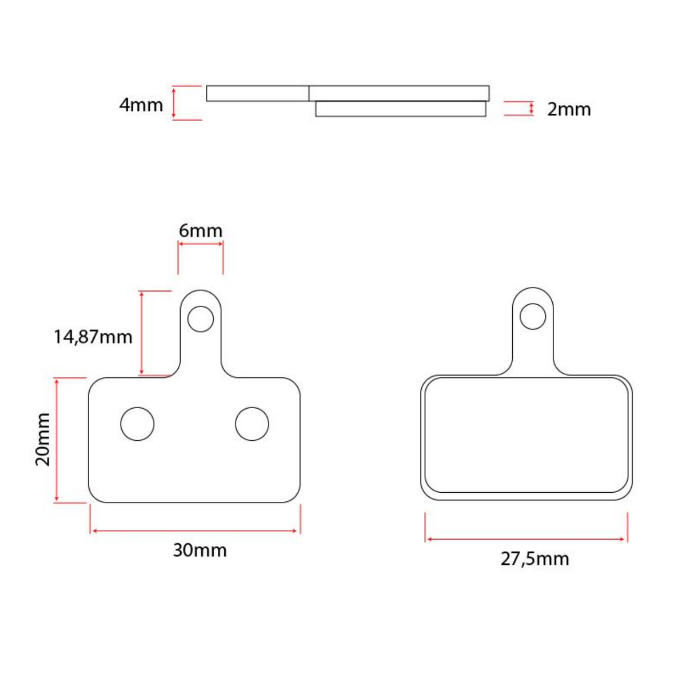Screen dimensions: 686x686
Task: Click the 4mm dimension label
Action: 141,105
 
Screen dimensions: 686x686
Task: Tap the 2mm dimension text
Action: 569,109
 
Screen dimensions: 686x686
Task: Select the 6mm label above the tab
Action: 201,231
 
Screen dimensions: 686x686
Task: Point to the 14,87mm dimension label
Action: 93,337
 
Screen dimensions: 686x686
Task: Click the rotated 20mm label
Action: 43,439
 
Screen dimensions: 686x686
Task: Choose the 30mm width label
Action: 200,551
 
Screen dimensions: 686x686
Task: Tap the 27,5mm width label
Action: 535,559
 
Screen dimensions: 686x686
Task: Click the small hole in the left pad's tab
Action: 201,319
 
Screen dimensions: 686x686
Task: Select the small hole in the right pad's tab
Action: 533,317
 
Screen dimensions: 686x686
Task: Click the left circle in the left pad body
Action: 137,424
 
